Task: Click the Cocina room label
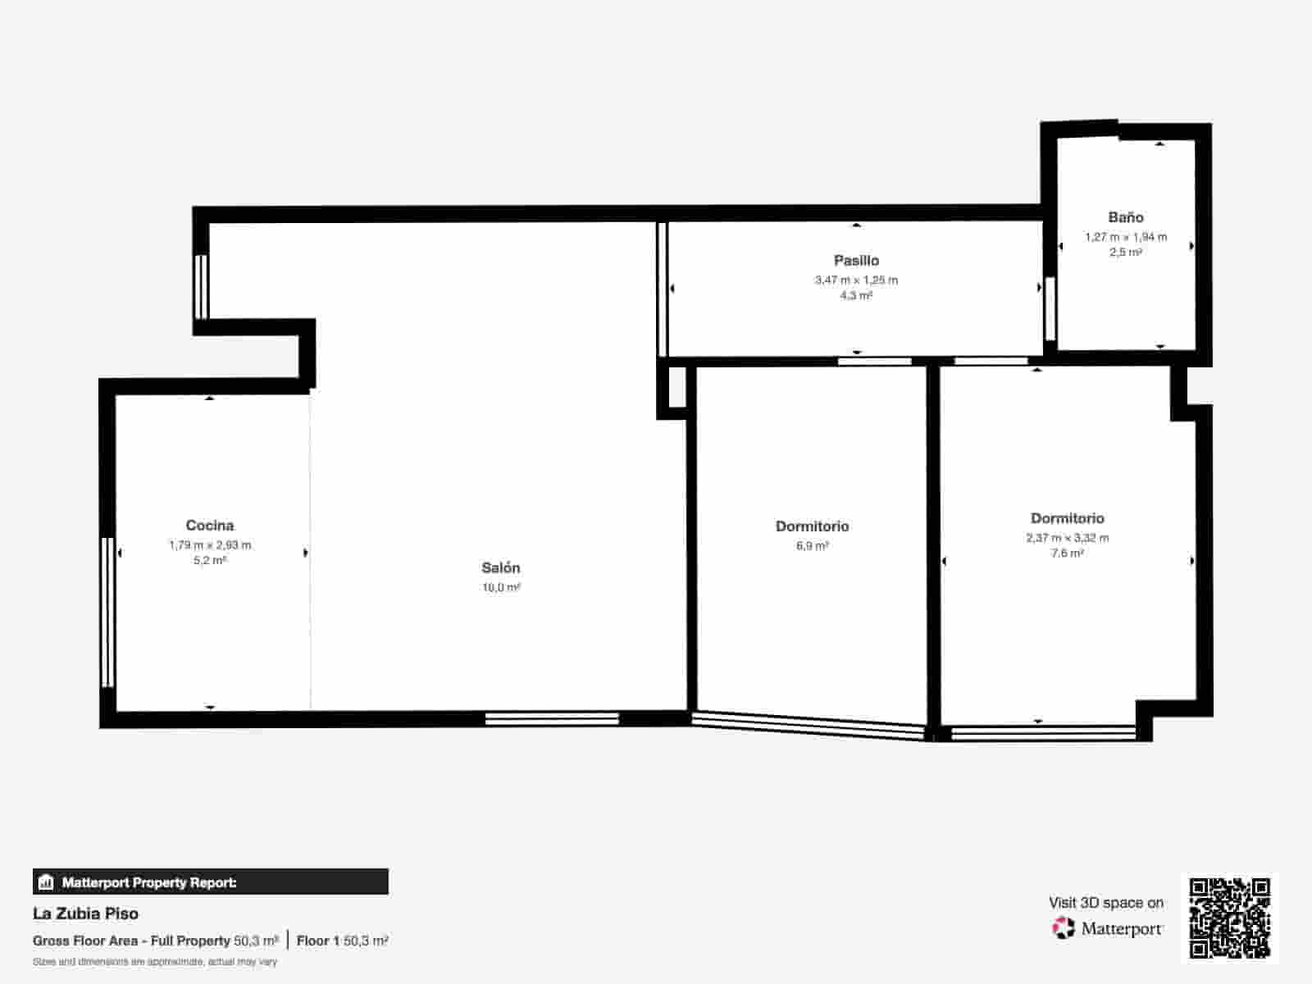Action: tap(210, 525)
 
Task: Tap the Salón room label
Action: tap(501, 567)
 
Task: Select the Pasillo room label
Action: tap(857, 261)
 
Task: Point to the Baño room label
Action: tap(1126, 216)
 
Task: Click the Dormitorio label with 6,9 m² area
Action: tap(813, 526)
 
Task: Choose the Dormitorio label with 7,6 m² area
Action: tap(1068, 518)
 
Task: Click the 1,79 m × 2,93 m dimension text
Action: tap(210, 544)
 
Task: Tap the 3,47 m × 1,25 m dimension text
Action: tap(857, 280)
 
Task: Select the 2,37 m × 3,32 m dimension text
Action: tap(1068, 538)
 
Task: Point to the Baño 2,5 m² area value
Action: tap(1126, 252)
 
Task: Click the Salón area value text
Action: tap(502, 587)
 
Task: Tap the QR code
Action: tap(1229, 918)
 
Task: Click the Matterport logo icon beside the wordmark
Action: tap(1063, 928)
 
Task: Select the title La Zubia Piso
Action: tap(85, 913)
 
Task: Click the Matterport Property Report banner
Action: tap(211, 881)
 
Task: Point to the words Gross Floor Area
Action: tap(85, 941)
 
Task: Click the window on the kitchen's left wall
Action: tap(107, 613)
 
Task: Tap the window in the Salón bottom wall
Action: tap(552, 719)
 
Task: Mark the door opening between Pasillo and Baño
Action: tap(1050, 309)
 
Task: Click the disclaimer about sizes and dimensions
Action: tap(155, 962)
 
